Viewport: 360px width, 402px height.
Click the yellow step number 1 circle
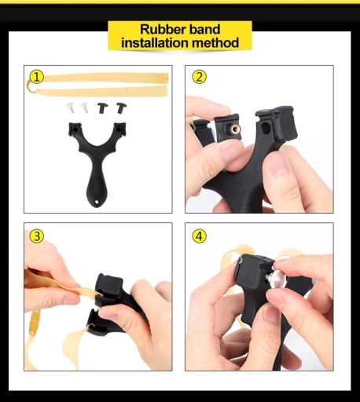[x=36, y=77]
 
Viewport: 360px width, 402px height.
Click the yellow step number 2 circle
[x=199, y=77]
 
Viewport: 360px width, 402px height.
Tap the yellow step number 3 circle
[x=36, y=236]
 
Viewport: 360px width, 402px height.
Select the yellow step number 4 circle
[x=199, y=236]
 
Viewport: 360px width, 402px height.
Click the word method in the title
[x=215, y=42]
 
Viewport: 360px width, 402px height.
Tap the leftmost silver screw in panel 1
[x=70, y=107]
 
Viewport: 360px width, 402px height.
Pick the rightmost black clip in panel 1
[x=121, y=108]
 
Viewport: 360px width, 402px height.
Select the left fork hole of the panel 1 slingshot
[x=75, y=130]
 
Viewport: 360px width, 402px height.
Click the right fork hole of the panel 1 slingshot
[x=119, y=130]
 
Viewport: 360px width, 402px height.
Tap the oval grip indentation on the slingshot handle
[x=96, y=185]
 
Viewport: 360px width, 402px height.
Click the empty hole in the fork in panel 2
[x=266, y=128]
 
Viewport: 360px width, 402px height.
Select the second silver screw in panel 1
[x=84, y=107]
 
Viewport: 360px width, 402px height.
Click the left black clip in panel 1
[x=103, y=108]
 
